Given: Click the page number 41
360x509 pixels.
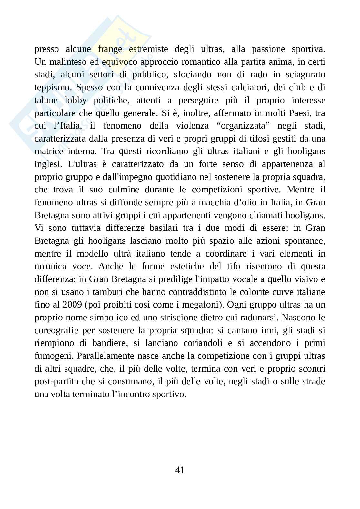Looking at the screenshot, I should [180, 470].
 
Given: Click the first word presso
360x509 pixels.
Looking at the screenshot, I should [47, 49].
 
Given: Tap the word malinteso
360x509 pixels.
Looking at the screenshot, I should [65, 62].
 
